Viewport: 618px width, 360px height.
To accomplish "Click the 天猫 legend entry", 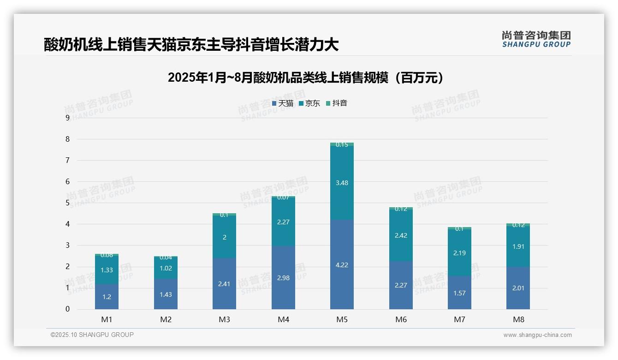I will coord(283,103).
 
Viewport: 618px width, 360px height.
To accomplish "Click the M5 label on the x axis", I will coord(342,319).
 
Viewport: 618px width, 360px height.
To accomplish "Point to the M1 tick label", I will coord(107,319).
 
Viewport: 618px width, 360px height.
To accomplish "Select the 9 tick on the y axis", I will coord(67,118).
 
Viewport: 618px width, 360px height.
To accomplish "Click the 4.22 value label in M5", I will coord(342,265).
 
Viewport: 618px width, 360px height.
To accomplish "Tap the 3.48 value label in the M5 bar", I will coord(342,183).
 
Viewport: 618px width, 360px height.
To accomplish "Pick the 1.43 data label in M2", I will coord(166,294).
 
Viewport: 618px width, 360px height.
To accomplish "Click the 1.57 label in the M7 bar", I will coord(459,293).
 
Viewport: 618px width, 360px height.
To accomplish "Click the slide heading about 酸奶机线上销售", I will coord(191,44).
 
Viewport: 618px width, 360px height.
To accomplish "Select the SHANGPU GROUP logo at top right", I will coord(536,39).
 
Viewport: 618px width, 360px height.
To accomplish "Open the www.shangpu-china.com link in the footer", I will coord(537,335).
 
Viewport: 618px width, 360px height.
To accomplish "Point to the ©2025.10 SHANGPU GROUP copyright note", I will coord(92,335).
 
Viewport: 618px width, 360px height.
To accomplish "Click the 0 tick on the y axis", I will coord(67,309).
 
